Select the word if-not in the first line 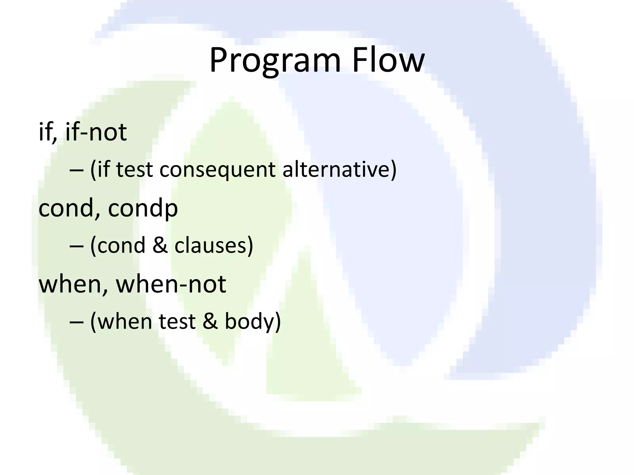coord(96,132)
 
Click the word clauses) coord(214,246)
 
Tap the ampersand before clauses coord(160,246)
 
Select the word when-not coord(171,284)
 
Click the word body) coord(253,322)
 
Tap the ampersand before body coord(211,322)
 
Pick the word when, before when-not coord(74,284)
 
